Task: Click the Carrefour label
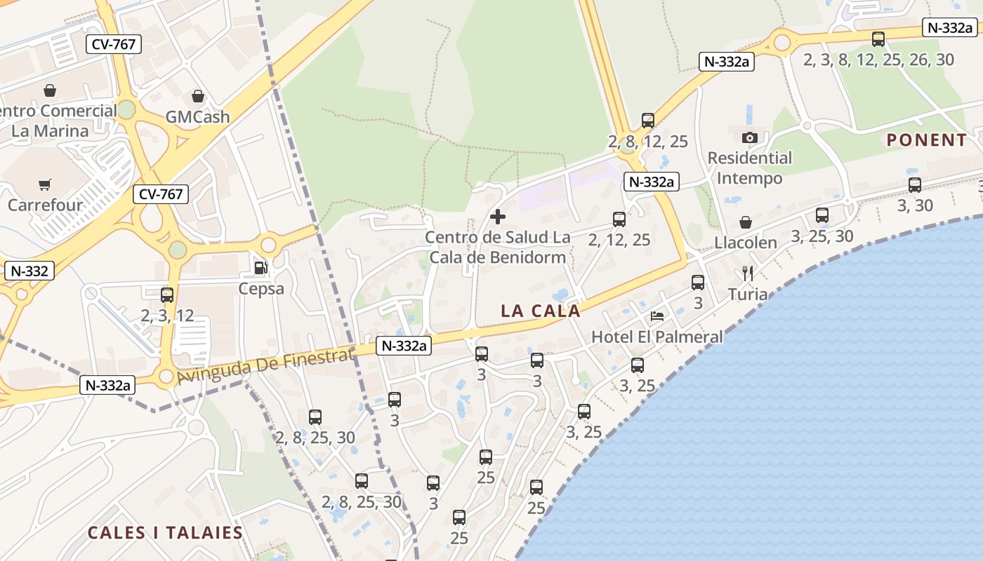(45, 205)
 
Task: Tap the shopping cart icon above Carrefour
(45, 185)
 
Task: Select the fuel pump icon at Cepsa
(260, 268)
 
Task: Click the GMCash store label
(197, 116)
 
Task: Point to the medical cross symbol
(498, 217)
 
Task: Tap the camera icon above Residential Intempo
(749, 137)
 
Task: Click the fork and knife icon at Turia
(748, 273)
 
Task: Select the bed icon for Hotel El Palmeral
(657, 316)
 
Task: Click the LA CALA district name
(541, 311)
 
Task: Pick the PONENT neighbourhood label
(926, 140)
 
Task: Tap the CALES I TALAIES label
(165, 532)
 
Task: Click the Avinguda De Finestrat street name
(265, 367)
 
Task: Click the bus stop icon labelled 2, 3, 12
(167, 295)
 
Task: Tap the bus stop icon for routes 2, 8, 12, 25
(648, 121)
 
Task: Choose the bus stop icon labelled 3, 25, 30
(822, 215)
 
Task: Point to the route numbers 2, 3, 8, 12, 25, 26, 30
(878, 60)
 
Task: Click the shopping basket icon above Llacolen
(746, 222)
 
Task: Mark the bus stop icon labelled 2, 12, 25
(619, 219)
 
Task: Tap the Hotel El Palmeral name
(657, 337)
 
